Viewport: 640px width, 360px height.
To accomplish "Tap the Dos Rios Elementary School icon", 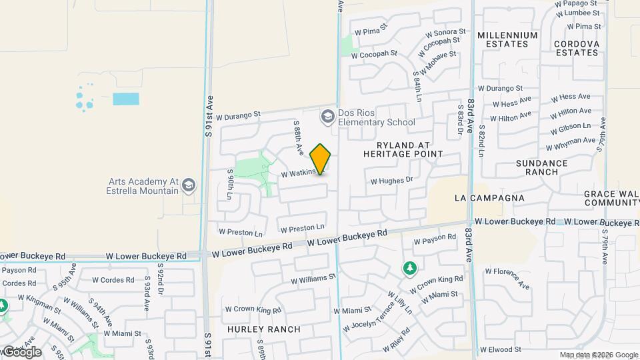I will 327,117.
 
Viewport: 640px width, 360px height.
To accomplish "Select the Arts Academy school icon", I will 189,185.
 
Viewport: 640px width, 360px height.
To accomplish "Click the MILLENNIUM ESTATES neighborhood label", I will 507,39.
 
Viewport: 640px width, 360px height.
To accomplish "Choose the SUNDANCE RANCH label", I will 541,167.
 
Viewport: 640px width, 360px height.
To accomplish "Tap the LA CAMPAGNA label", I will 489,198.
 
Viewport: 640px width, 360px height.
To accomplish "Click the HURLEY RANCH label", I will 263,329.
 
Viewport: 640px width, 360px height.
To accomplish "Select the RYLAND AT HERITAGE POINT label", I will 403,149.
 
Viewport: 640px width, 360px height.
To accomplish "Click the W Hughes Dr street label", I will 392,180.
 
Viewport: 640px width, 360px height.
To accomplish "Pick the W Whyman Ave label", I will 570,143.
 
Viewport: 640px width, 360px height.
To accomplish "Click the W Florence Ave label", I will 507,279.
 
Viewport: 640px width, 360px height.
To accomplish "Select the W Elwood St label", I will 499,349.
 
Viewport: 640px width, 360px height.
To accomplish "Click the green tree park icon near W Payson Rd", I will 409,268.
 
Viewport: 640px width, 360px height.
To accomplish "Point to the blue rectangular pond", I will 126,99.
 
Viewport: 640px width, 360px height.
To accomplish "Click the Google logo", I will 21,351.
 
